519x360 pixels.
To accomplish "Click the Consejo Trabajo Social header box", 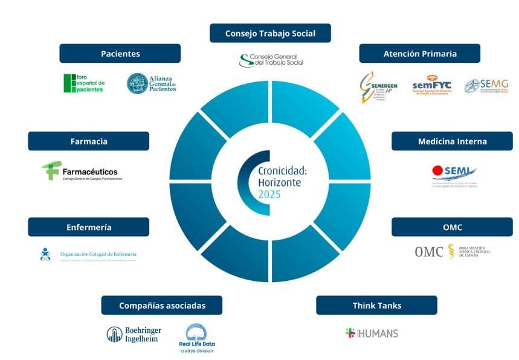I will tap(270, 33).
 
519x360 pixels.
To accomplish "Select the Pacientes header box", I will tap(120, 53).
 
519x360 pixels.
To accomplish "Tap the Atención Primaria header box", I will tap(419, 53).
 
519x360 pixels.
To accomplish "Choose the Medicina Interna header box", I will tap(452, 141).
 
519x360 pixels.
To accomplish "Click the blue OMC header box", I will tap(452, 227).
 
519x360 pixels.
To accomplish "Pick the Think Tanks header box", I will tap(376, 305).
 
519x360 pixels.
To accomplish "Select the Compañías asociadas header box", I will tap(161, 305).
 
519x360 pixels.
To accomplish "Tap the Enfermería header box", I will tap(88, 227).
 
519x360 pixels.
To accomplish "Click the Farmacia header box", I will tap(88, 141).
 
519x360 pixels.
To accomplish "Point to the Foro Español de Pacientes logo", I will tap(85, 83).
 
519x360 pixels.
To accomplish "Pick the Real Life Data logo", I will tap(197, 339).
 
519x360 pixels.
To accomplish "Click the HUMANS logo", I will tap(372, 333).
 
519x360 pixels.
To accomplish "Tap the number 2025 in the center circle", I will tap(269, 194).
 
